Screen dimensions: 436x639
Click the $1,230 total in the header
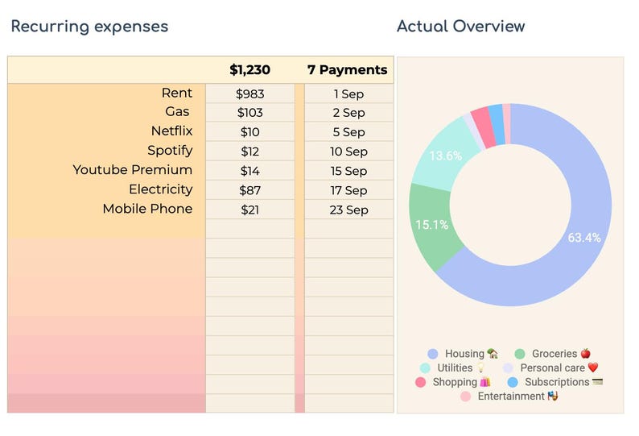click(x=249, y=70)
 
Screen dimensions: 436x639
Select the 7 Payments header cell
click(x=348, y=70)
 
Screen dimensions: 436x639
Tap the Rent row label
click(x=177, y=93)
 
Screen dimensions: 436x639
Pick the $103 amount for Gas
click(x=249, y=113)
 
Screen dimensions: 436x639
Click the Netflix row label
click(x=171, y=131)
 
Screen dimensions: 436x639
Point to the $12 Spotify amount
click(x=249, y=152)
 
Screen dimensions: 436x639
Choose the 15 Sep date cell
click(x=348, y=171)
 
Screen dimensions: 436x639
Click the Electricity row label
click(x=161, y=189)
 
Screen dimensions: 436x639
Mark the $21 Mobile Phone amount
click(x=249, y=210)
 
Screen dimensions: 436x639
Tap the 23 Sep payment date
click(x=348, y=210)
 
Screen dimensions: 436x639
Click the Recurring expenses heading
click(x=89, y=26)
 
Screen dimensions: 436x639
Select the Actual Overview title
click(x=460, y=26)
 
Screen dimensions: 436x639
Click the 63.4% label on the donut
click(x=583, y=238)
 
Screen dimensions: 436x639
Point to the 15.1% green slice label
click(x=431, y=225)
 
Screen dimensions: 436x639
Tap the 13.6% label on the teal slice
click(x=446, y=156)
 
